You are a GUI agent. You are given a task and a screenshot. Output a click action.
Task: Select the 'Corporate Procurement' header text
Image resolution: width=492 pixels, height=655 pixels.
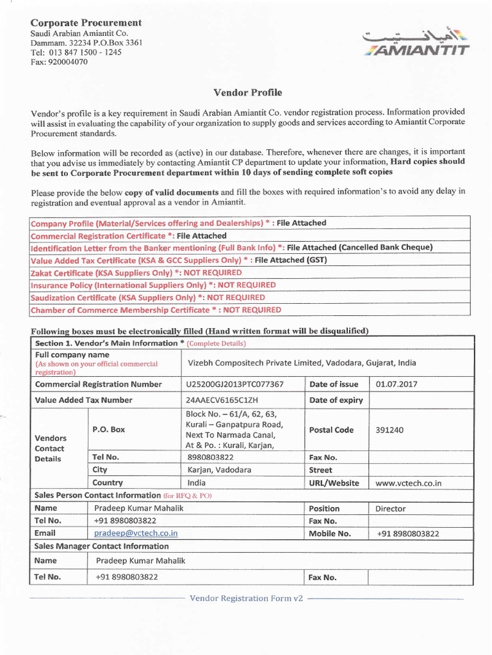click(86, 22)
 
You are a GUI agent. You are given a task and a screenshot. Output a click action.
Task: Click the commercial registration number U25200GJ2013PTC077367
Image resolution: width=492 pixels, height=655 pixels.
click(234, 384)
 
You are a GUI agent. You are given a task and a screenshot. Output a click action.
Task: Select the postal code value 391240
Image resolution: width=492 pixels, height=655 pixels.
click(389, 430)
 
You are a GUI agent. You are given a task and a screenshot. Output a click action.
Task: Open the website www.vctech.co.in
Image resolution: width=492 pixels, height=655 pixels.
click(409, 483)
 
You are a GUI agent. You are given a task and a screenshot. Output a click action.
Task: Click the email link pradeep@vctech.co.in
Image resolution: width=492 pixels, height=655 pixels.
click(136, 533)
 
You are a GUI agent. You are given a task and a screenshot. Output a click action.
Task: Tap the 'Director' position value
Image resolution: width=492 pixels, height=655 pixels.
click(391, 509)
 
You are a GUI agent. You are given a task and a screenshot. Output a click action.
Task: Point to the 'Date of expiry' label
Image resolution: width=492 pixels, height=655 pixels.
click(336, 400)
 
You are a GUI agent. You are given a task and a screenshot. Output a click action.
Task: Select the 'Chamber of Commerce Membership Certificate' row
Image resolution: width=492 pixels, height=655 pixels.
click(156, 310)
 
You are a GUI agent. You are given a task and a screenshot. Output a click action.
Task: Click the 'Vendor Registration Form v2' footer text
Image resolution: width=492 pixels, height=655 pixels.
click(246, 598)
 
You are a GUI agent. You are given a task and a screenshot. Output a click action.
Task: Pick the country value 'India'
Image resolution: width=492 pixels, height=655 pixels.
click(197, 482)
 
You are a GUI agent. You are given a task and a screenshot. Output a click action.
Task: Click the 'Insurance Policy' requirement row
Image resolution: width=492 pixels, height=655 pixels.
click(153, 285)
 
